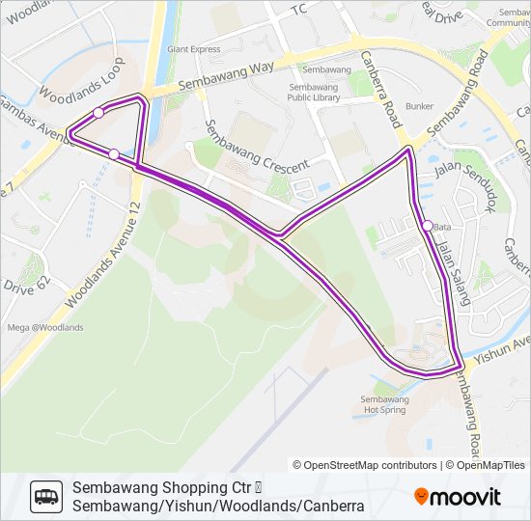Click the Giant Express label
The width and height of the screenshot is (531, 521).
(193, 49)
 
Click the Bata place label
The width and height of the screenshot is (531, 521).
(443, 227)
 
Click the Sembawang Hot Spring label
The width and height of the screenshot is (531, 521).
(384, 404)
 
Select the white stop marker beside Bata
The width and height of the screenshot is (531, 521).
(428, 226)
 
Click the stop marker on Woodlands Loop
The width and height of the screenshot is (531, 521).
(98, 113)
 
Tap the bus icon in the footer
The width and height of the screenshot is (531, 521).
(45, 496)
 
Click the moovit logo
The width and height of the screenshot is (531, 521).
(458, 497)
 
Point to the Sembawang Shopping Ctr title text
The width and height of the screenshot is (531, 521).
(169, 487)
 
